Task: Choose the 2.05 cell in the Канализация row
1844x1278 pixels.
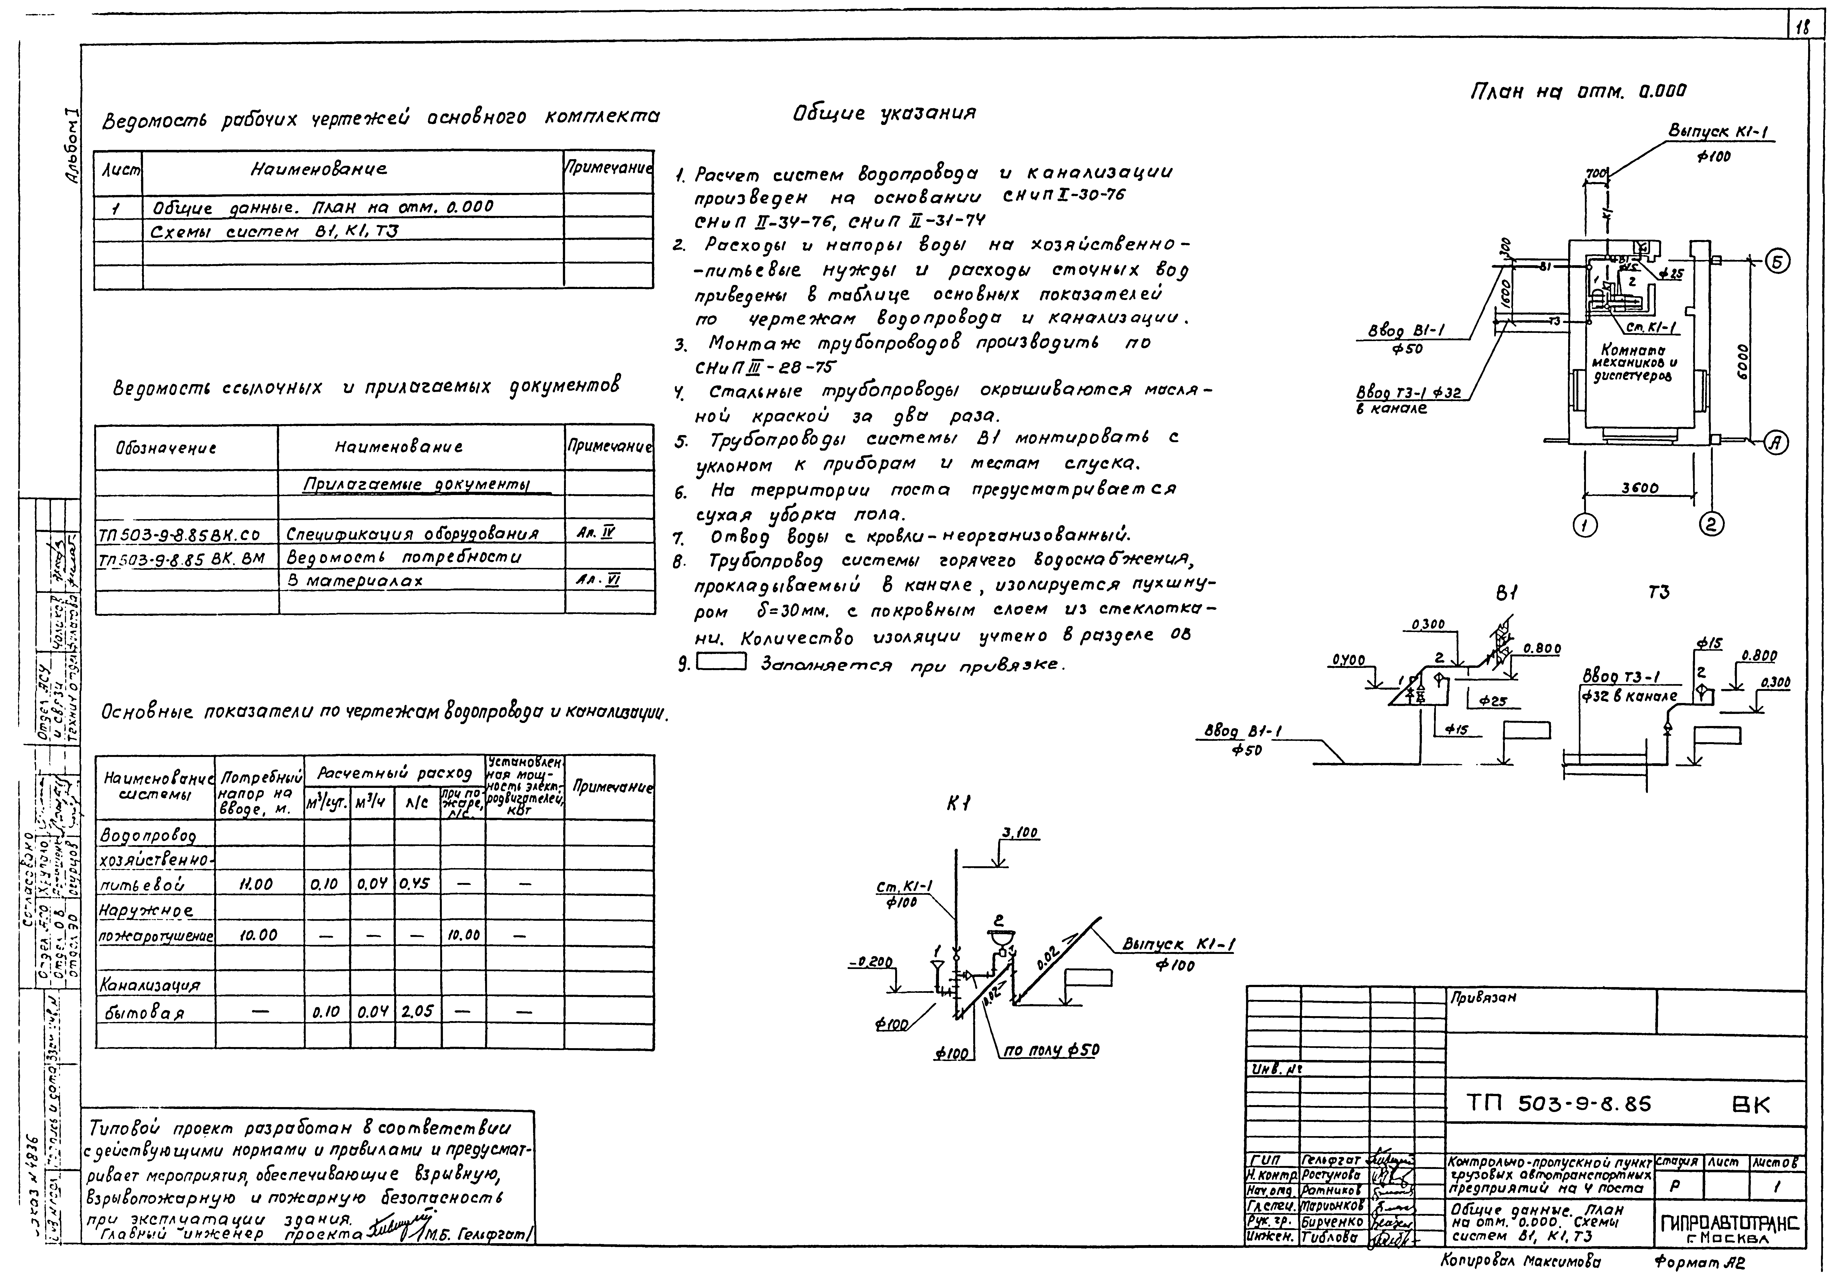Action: click(x=416, y=1011)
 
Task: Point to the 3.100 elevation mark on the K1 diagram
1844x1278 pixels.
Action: click(x=1019, y=834)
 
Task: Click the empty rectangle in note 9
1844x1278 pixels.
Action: click(x=721, y=661)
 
